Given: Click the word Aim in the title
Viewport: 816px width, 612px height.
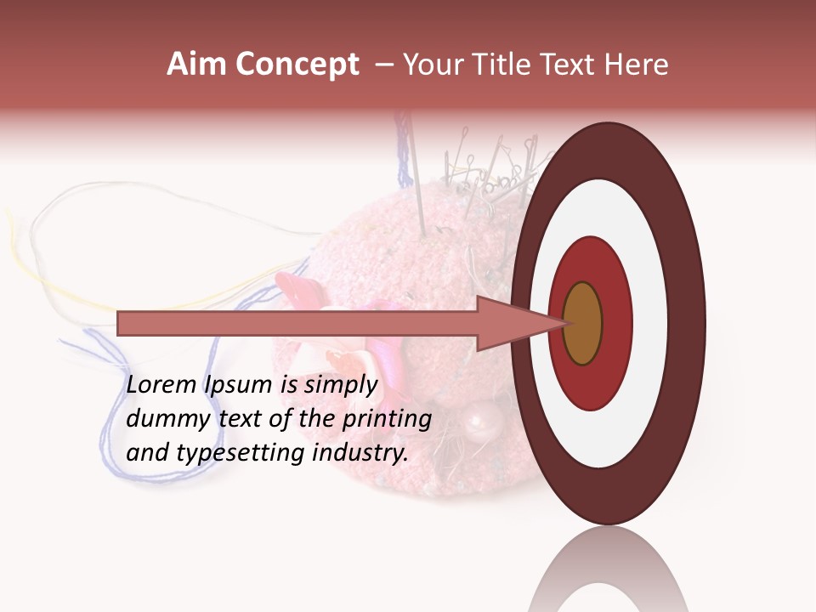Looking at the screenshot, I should point(195,65).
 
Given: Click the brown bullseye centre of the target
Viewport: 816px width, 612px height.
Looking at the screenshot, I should point(582,323).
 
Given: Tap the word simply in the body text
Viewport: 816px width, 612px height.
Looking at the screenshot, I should point(341,386).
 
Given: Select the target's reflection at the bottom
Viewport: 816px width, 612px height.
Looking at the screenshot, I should point(608,574).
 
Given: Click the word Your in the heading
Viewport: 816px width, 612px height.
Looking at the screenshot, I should point(433,65).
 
